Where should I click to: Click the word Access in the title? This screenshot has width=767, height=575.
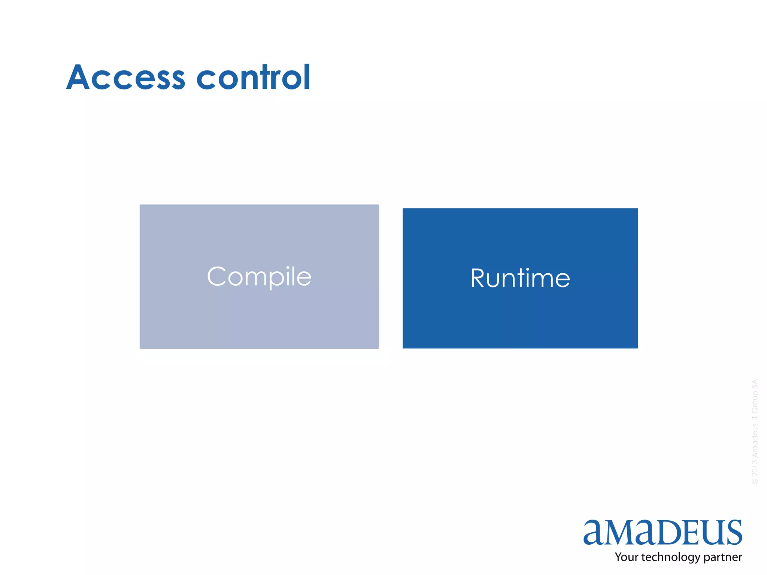coord(126,77)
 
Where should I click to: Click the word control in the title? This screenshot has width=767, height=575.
coord(254,77)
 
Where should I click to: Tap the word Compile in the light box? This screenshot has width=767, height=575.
coord(259,277)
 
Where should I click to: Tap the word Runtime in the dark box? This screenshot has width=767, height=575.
coord(520,278)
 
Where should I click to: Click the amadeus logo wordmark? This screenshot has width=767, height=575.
coord(663,532)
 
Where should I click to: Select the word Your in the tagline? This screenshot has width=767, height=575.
coord(627,557)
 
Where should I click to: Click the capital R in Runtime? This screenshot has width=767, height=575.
coord(478,278)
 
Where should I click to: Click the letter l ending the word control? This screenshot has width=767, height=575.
coord(307,77)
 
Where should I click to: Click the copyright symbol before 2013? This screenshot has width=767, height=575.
coord(755,481)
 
